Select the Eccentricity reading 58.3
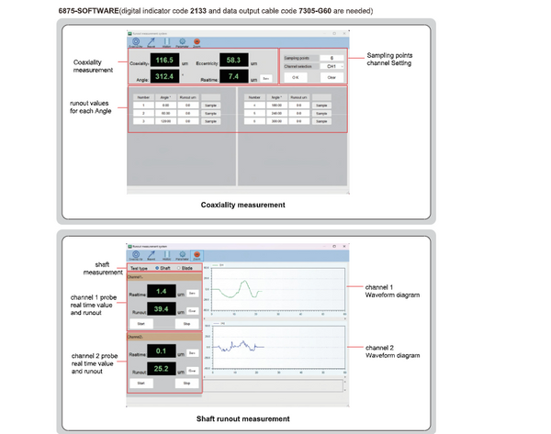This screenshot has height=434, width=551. (232, 61)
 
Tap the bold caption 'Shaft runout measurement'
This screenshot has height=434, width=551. (243, 419)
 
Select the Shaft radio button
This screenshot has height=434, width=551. (161, 268)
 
